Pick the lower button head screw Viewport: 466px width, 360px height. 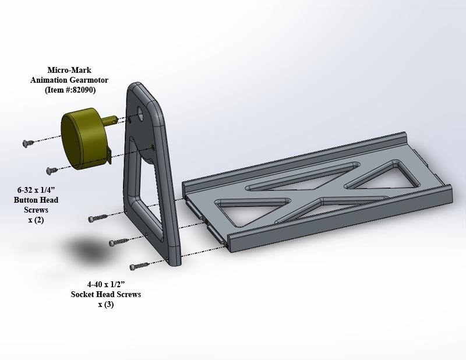coord(51,170)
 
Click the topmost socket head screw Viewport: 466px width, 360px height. coord(96,219)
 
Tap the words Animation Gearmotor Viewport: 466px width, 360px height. coord(70,80)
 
